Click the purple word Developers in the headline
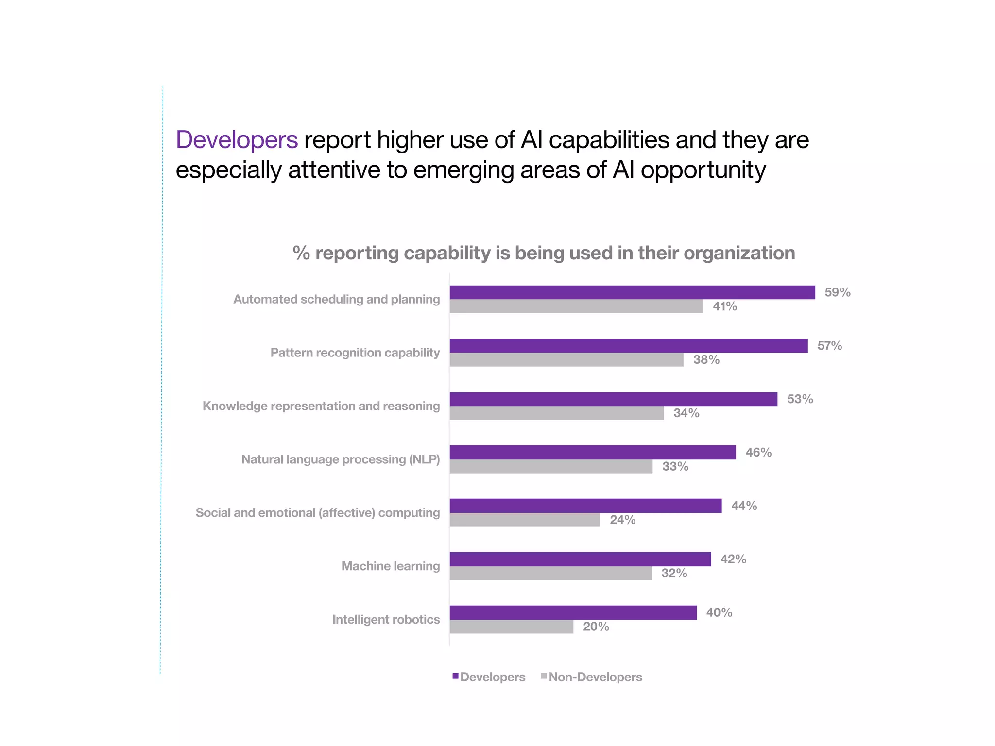(237, 140)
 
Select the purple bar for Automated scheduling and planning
(632, 292)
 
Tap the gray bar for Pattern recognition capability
(566, 360)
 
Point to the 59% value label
(837, 292)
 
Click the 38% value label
(706, 360)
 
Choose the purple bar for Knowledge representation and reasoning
(613, 399)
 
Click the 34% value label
(686, 413)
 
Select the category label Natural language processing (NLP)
(341, 459)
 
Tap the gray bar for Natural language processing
(551, 467)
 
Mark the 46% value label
(758, 453)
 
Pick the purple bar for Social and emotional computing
(585, 506)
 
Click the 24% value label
(622, 520)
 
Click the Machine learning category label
(391, 566)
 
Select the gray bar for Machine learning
(550, 574)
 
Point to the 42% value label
(733, 559)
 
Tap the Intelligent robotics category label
(386, 620)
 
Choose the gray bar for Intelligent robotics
(511, 627)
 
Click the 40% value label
(719, 613)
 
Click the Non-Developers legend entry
(595, 677)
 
